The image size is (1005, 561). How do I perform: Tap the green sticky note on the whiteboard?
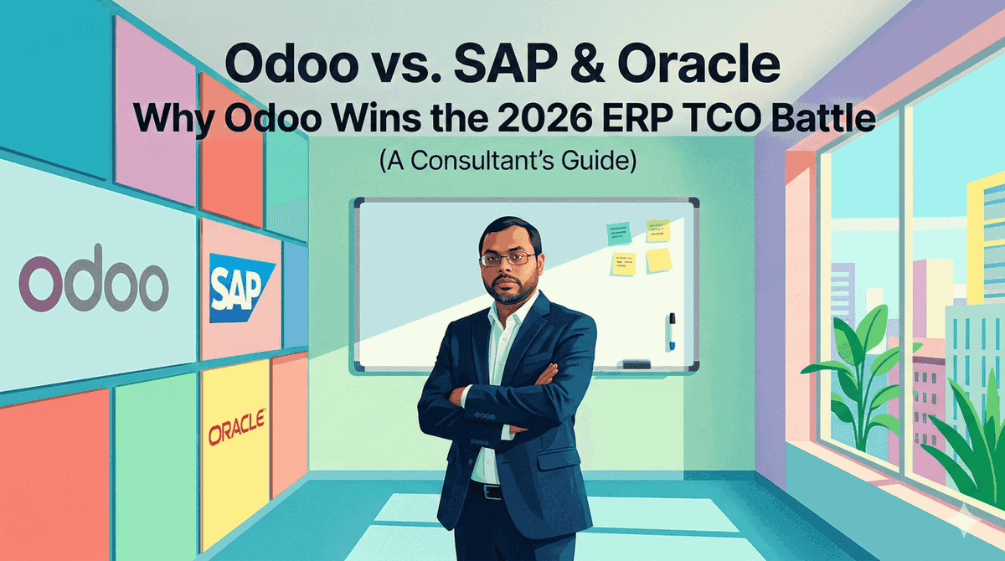coord(619,234)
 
